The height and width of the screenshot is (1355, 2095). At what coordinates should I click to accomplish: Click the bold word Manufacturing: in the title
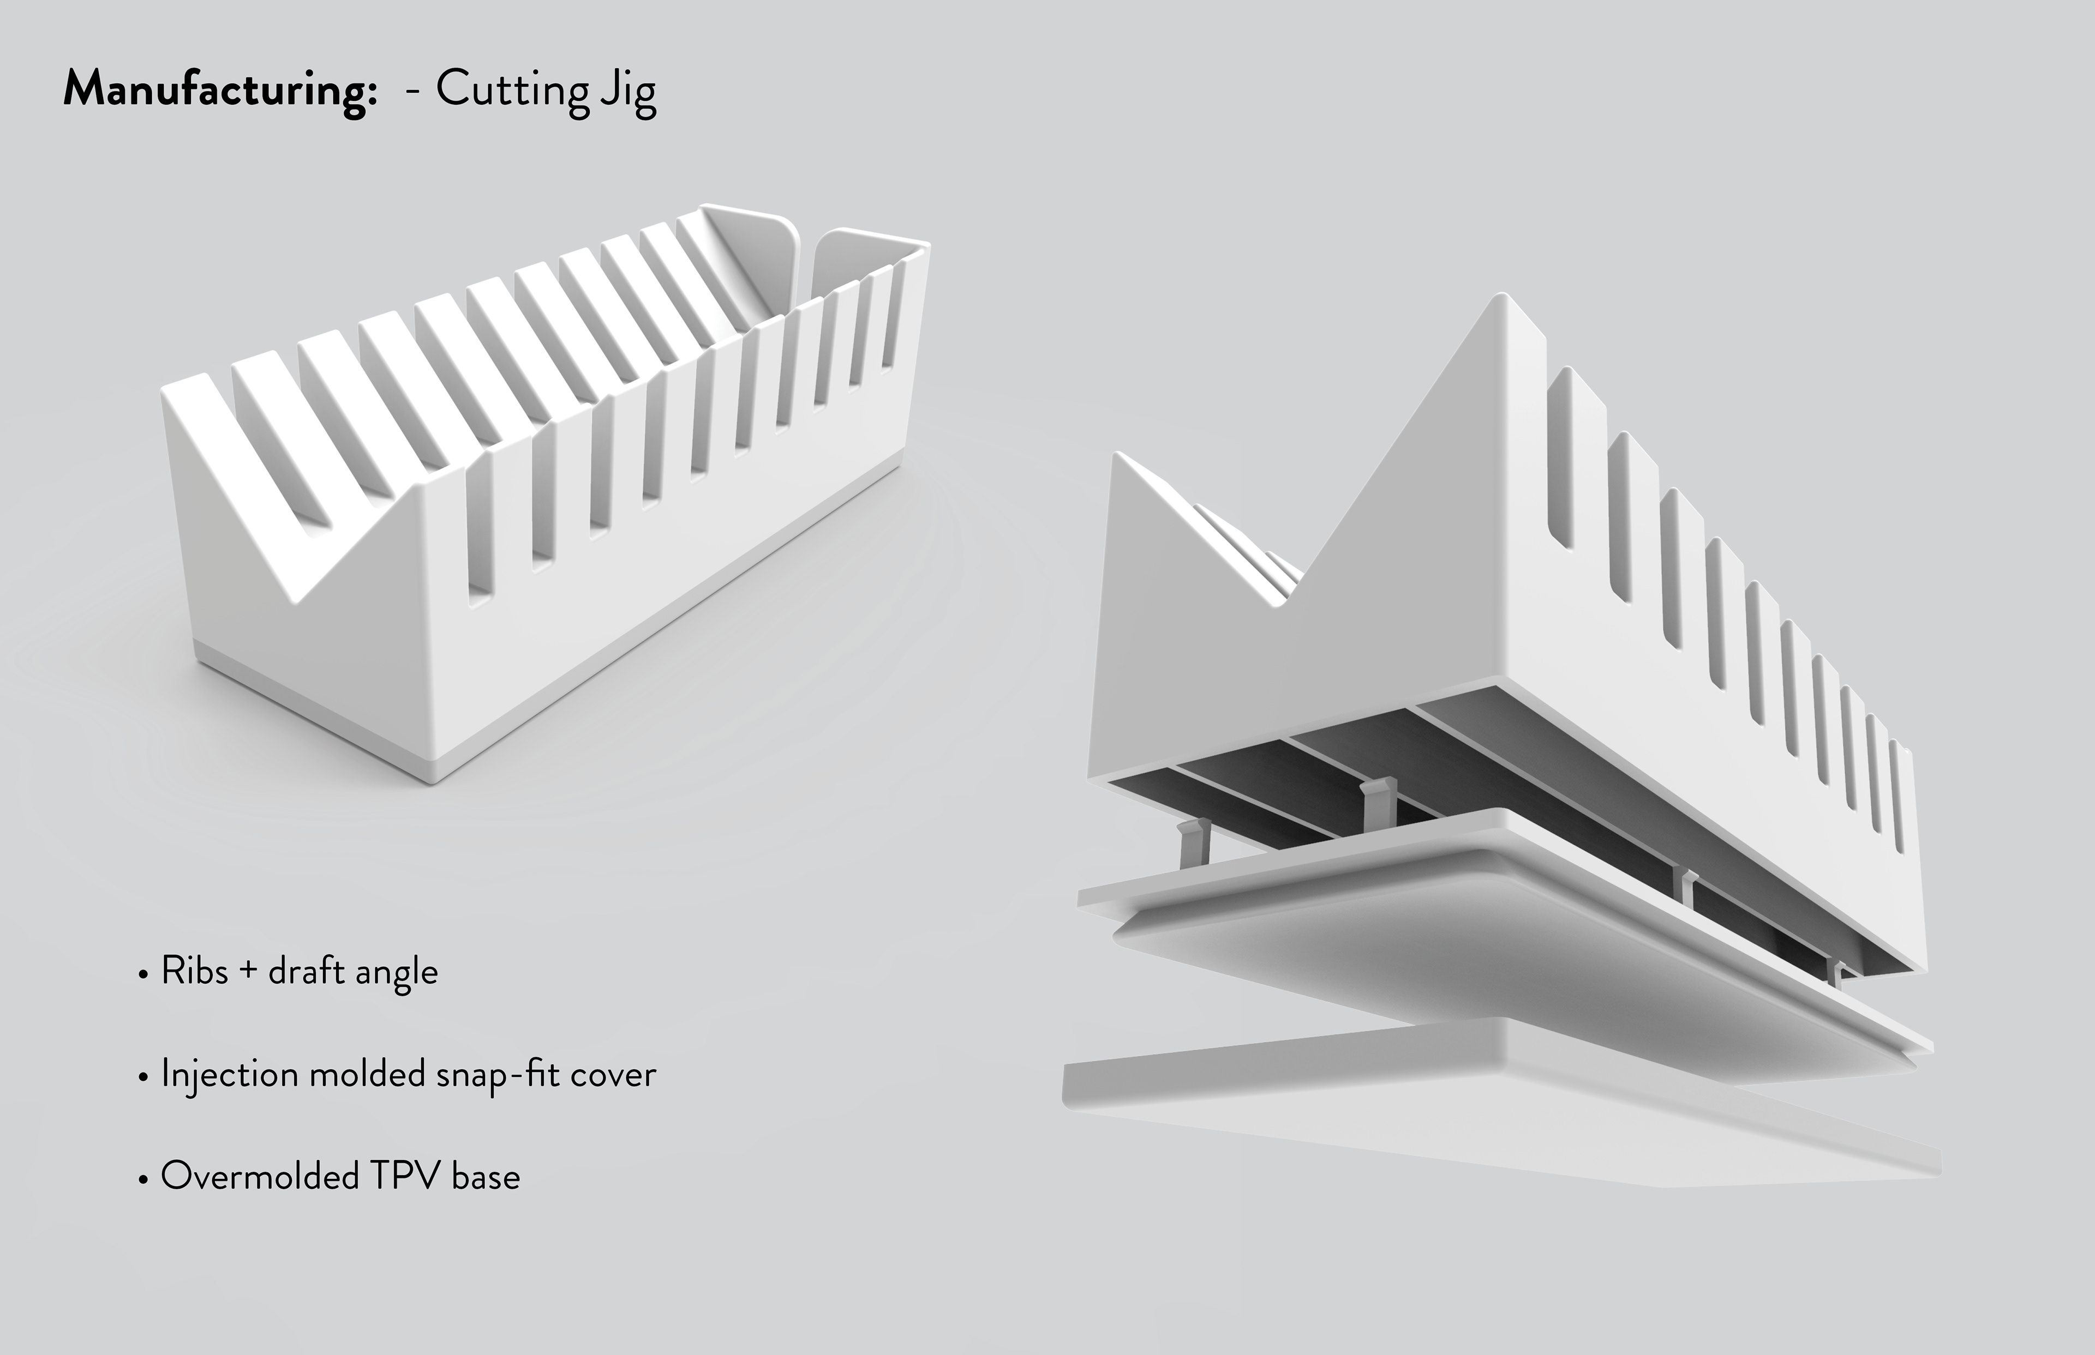220,91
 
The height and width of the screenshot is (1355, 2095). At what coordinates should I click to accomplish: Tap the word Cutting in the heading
512,91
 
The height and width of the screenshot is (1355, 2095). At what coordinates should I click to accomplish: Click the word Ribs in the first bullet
195,971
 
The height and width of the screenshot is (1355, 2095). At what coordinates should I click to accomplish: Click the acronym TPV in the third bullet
404,1176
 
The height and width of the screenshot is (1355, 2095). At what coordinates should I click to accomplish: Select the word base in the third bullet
486,1176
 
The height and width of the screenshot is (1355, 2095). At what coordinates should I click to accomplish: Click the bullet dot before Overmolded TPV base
142,1179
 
